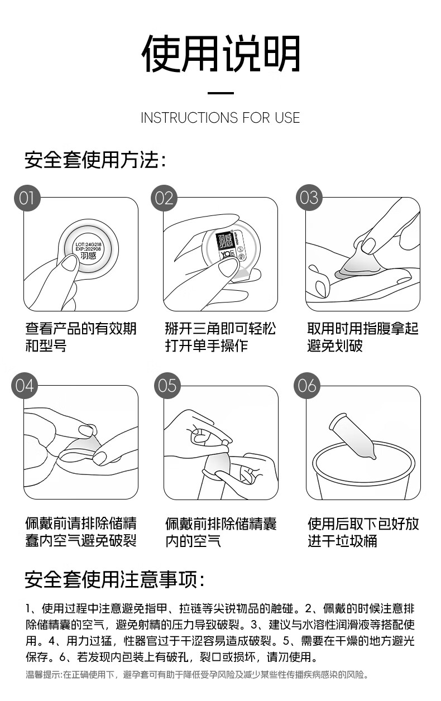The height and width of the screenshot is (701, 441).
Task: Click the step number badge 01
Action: pos(27,198)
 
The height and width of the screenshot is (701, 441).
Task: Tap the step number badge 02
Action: pos(164,198)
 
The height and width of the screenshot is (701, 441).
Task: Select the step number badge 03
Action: pos(309,198)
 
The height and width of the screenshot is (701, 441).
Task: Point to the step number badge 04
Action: pos(25,385)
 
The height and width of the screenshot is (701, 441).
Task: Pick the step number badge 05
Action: pos(167,385)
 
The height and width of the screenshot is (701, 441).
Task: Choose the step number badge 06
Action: pos(306,385)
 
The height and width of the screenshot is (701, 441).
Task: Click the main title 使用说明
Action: pos(220,54)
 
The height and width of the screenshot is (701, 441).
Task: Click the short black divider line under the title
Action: pos(220,93)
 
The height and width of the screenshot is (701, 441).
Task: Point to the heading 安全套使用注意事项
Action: pos(114,579)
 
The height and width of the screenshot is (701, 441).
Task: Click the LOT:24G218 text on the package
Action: pos(89,244)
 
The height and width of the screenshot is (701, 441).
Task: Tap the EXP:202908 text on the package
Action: pos(89,249)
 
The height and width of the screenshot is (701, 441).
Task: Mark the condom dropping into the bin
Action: pos(352,436)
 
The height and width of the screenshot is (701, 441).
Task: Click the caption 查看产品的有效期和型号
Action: pos(81,337)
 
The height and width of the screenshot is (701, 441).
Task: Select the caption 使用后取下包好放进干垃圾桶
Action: pos(363,532)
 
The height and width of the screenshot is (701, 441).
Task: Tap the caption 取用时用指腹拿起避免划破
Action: pos(363,337)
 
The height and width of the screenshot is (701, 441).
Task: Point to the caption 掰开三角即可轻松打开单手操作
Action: pos(220,337)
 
